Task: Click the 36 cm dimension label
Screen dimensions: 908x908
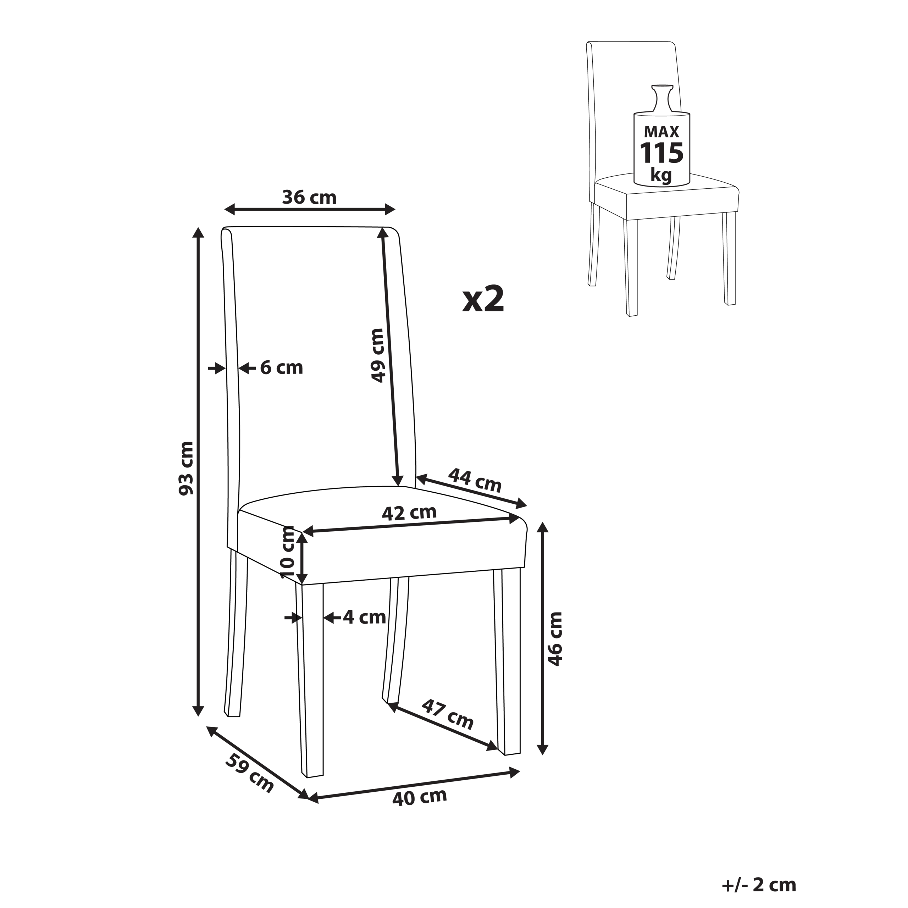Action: pyautogui.click(x=309, y=198)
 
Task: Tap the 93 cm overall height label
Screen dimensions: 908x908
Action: pyautogui.click(x=186, y=468)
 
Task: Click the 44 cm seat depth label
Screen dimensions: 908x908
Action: pyautogui.click(x=475, y=480)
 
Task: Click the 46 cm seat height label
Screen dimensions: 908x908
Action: pyautogui.click(x=555, y=639)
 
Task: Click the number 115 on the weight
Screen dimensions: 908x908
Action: pyautogui.click(x=662, y=153)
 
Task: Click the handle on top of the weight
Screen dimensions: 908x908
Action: pyautogui.click(x=662, y=97)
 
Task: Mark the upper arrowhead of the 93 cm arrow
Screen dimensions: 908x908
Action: pyautogui.click(x=199, y=233)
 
